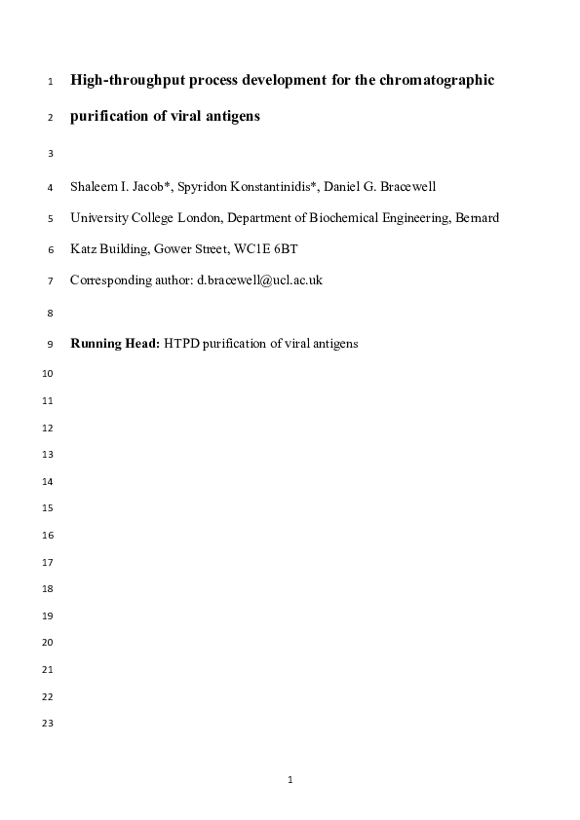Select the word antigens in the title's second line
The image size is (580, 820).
230,116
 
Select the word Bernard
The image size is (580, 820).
477,218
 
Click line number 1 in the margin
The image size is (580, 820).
50,81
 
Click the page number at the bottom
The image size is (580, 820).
290,780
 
